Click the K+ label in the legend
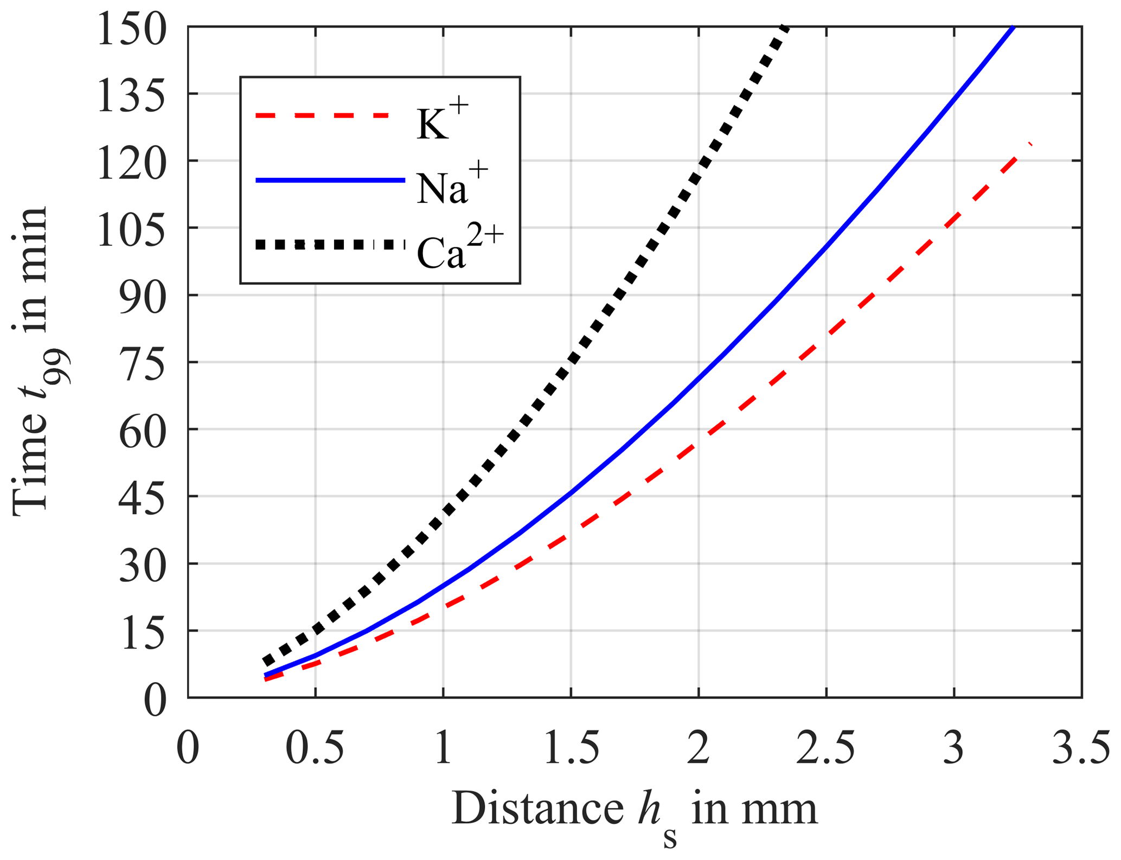click(440, 118)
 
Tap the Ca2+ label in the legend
click(460, 248)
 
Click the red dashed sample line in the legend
click(322, 115)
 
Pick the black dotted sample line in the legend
click(330, 245)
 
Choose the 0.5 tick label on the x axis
click(315, 748)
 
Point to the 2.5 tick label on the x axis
click(825, 748)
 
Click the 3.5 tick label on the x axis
click(1080, 748)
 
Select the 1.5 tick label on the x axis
click(571, 748)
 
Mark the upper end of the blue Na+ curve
click(1012, 27)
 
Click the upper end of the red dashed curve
click(1029, 144)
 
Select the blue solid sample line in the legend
click(330, 181)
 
